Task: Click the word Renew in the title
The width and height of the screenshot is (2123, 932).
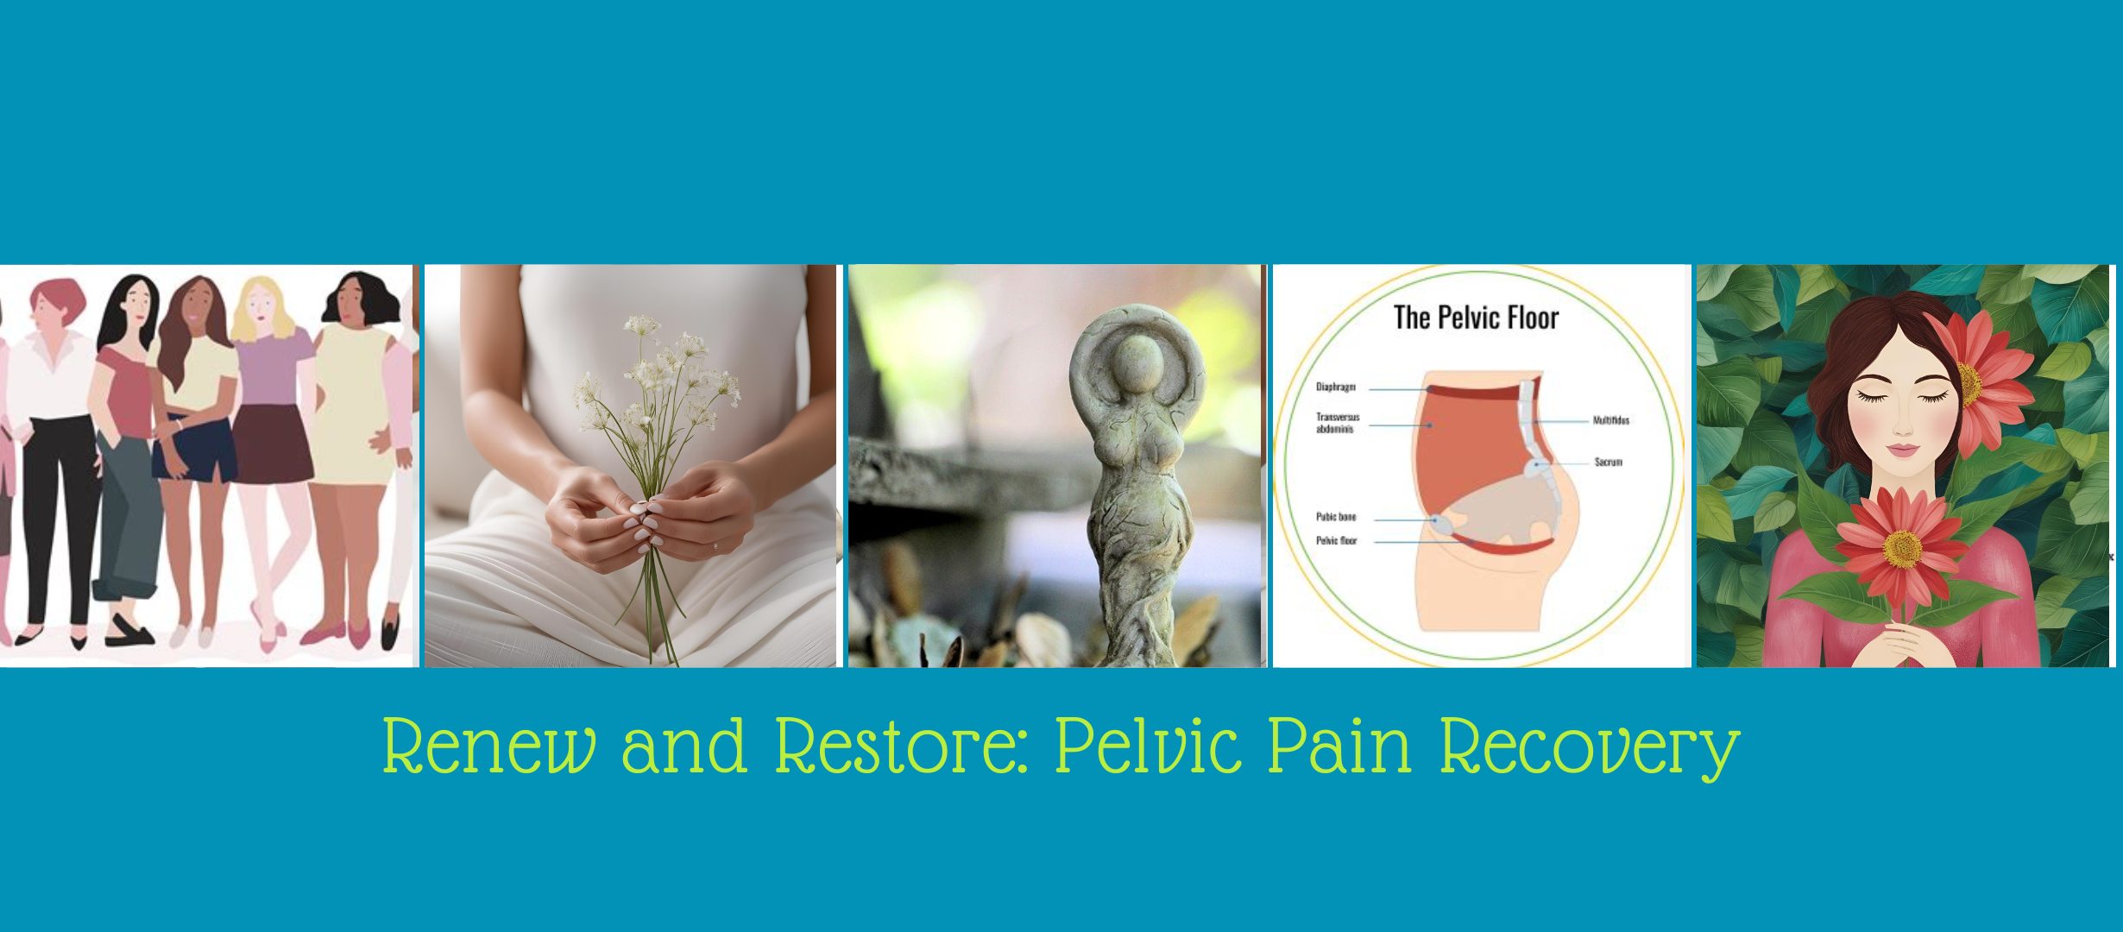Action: [489, 746]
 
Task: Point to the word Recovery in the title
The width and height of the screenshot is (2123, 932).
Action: [1590, 749]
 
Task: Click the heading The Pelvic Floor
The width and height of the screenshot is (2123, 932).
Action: [1476, 318]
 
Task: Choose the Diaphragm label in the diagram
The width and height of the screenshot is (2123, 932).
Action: [1335, 387]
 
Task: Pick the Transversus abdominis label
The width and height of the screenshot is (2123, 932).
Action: [1337, 423]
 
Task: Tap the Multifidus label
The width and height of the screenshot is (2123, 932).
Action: [1610, 420]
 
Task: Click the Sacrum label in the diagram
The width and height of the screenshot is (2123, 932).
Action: [1608, 463]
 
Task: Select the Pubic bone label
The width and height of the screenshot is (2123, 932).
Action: [1335, 517]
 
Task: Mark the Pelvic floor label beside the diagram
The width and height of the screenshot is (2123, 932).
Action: [1336, 541]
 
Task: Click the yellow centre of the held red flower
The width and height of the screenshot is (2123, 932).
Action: [1902, 549]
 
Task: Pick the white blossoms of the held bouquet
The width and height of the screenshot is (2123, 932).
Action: [658, 371]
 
